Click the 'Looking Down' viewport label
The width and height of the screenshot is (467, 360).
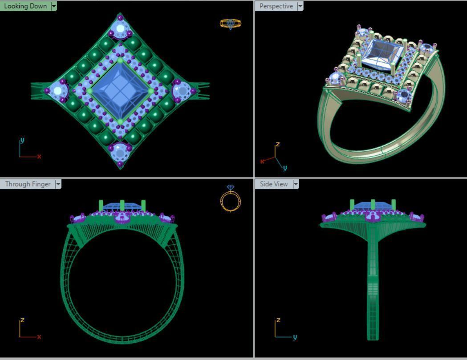[25, 6]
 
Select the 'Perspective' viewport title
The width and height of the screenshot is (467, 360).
[276, 6]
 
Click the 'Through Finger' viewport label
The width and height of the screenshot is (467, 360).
[28, 184]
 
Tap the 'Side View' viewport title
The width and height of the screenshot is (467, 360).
[274, 184]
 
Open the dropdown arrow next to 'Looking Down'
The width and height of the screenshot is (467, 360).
[54, 6]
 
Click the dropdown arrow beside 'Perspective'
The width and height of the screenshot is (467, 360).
[300, 6]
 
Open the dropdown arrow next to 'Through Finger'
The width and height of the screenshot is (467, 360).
[58, 184]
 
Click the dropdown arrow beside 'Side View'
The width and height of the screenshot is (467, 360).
[296, 184]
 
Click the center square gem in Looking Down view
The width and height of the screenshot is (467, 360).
[120, 90]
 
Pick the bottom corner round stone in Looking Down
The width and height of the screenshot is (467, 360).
[120, 151]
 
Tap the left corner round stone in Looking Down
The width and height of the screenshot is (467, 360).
[57, 91]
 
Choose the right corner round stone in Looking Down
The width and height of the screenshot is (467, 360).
[182, 90]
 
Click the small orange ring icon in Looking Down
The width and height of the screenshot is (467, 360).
[230, 24]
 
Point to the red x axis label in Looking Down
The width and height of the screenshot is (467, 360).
[39, 156]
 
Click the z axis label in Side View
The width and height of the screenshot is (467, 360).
[278, 320]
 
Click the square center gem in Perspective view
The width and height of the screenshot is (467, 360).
[382, 54]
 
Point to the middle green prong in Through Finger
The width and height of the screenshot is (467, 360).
[122, 206]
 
